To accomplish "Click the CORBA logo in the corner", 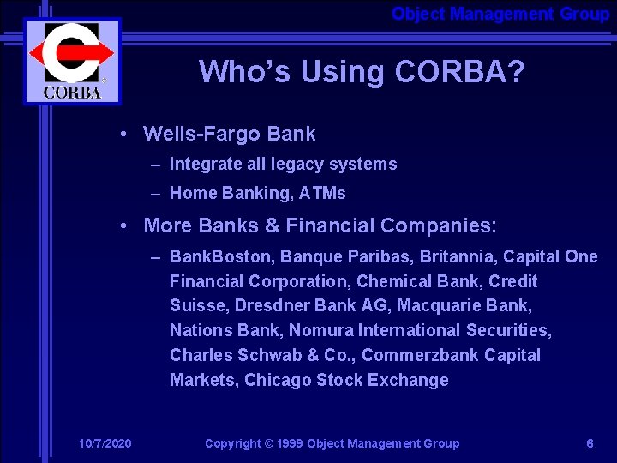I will pos(72,61).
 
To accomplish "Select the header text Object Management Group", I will pos(500,14).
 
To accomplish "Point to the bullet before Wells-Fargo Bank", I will pos(125,134).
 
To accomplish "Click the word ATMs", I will pos(322,193).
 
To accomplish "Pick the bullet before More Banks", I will pos(125,225).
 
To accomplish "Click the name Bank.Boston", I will pos(211,256).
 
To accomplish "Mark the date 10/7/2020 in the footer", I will pos(105,443).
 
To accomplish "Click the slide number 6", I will pos(590,443).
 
